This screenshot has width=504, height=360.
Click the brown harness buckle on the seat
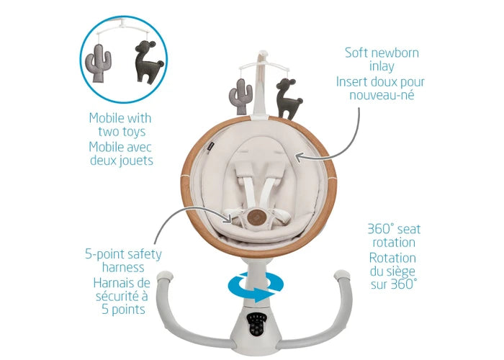click(x=253, y=216)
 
